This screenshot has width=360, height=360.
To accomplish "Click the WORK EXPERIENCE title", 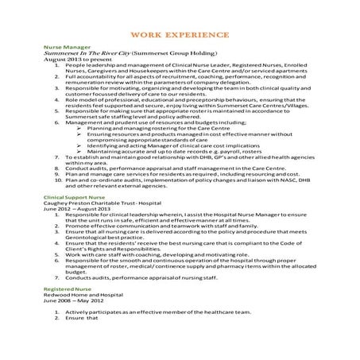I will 180,35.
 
